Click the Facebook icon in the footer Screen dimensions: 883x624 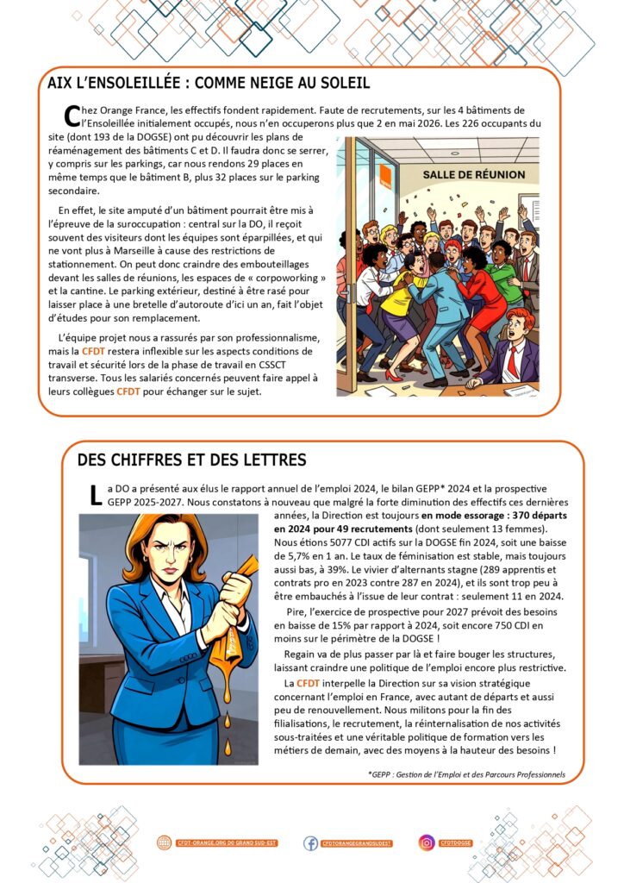(x=310, y=842)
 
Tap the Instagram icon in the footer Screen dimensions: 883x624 (x=427, y=842)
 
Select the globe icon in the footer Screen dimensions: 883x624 (x=165, y=842)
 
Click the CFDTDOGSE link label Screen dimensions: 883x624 (x=457, y=842)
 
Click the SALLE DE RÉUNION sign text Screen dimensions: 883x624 (x=473, y=174)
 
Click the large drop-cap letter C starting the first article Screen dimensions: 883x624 (x=72, y=116)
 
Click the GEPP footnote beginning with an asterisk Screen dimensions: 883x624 (x=465, y=774)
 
